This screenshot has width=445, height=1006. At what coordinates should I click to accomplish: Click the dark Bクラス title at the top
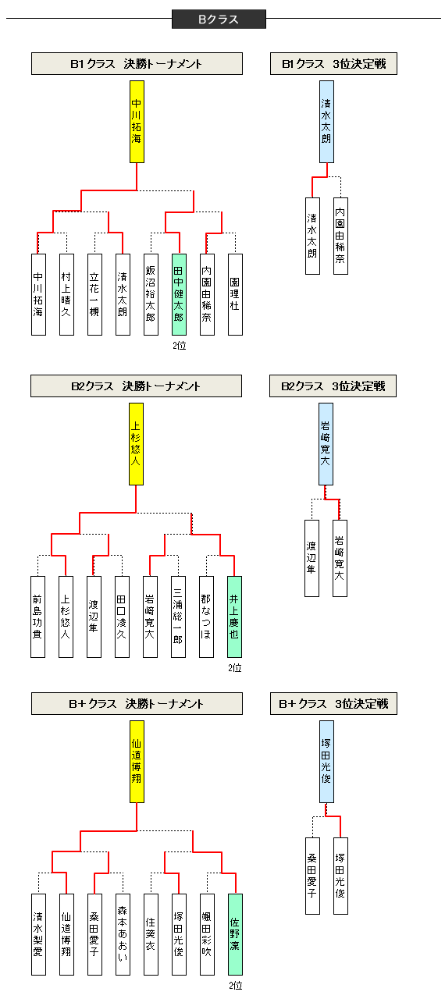coord(219,20)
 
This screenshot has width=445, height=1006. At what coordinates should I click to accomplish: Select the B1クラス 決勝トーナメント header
coord(137,64)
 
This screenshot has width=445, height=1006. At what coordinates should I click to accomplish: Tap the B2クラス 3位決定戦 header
coord(333,386)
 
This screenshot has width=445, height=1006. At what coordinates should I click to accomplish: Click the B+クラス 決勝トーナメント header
coord(137,704)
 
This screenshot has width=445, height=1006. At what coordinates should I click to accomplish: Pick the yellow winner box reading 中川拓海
coord(137,121)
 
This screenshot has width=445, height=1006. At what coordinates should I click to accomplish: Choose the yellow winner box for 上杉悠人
coord(136,444)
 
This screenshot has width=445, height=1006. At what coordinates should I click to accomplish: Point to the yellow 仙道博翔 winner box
coord(137,761)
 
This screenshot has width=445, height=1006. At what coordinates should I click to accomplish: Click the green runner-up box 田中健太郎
coord(179,294)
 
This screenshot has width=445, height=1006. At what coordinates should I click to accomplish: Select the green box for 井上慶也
coord(235,617)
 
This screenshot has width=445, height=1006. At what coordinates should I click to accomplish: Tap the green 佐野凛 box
coord(235,934)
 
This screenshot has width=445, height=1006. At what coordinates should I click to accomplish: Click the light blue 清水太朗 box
coord(326,121)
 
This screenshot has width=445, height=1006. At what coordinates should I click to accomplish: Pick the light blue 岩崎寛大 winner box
coord(326,444)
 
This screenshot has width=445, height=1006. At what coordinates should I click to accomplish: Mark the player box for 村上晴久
coord(66,294)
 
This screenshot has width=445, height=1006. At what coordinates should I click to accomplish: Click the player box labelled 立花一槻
coord(94,294)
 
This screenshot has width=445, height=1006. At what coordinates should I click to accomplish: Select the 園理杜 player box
coord(235,294)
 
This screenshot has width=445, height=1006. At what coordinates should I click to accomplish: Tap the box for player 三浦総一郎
coord(179,617)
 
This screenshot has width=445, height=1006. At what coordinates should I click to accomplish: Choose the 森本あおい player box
coord(123,934)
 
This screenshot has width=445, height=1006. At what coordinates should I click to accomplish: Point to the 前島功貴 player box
coord(38,617)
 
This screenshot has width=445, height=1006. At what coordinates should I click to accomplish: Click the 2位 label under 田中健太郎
coord(180,345)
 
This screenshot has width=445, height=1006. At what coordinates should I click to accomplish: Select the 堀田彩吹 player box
coord(207,934)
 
